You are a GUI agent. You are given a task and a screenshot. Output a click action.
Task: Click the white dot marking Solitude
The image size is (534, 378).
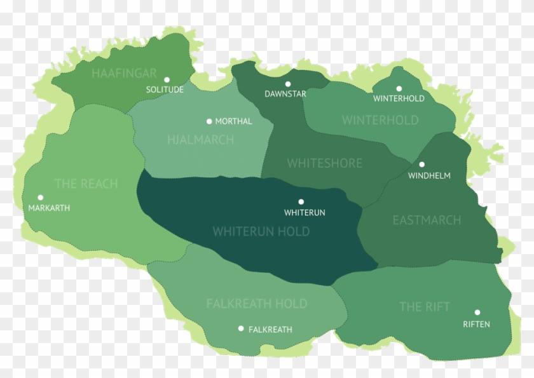(167, 80)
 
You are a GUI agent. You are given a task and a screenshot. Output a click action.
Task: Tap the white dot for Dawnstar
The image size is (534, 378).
(287, 84)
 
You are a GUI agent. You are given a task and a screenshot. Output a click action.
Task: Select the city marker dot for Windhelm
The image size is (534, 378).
(421, 165)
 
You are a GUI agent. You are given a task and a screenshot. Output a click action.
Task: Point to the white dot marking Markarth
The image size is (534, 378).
(40, 198)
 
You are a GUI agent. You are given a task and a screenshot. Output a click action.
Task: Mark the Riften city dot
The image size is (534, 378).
(477, 313)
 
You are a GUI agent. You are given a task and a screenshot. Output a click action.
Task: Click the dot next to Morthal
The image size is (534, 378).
(209, 121)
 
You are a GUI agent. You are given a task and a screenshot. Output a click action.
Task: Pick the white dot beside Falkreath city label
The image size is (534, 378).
(241, 328)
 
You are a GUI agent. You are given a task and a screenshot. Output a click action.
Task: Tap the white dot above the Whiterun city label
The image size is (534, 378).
(301, 202)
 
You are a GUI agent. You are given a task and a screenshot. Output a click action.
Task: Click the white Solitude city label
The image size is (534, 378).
(165, 90)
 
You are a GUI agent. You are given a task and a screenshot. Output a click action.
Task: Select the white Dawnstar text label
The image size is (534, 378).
(285, 94)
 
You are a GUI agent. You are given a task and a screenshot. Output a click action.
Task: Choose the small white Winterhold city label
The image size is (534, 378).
(399, 98)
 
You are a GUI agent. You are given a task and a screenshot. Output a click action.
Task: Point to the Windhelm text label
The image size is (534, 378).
(429, 175)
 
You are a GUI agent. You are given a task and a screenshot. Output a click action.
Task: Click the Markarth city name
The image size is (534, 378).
(49, 208)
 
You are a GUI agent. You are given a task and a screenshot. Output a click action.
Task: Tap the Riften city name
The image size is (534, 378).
(476, 324)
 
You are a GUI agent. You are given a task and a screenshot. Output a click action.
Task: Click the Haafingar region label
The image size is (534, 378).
(124, 73)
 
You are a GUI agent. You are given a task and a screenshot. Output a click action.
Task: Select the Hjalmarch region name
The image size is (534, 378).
(201, 140)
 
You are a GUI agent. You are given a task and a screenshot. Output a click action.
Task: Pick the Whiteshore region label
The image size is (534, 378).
(324, 163)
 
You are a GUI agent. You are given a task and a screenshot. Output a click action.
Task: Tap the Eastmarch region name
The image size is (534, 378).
(427, 220)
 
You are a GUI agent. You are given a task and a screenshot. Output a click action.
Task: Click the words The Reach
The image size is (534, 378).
(86, 184)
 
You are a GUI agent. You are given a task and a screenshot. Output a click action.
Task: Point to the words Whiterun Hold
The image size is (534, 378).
(261, 231)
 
